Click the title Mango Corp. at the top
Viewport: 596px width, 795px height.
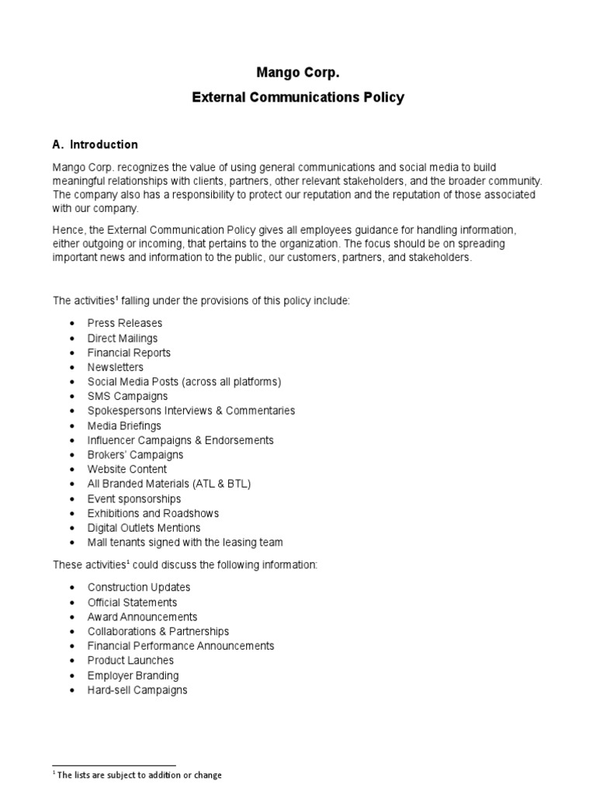pyautogui.click(x=298, y=73)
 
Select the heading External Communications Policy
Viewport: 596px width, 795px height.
pyautogui.click(x=298, y=98)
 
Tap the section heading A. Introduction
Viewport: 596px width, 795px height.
pyautogui.click(x=95, y=144)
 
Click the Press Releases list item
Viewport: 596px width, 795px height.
pyautogui.click(x=125, y=323)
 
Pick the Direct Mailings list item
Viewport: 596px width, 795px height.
pyautogui.click(x=123, y=338)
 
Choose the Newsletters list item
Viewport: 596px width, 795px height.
pyautogui.click(x=116, y=367)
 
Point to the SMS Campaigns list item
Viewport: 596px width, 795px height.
pyautogui.click(x=127, y=396)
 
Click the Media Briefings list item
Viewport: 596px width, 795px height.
pyautogui.click(x=124, y=425)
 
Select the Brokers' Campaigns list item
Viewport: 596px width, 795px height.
pyautogui.click(x=135, y=455)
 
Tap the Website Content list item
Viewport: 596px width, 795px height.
pyautogui.click(x=127, y=469)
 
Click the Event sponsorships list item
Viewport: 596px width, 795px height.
pyautogui.click(x=134, y=498)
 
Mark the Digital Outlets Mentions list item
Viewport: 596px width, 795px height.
pyautogui.click(x=144, y=528)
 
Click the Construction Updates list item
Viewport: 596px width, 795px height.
pyautogui.click(x=139, y=588)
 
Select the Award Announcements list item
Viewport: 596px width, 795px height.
pyautogui.click(x=142, y=616)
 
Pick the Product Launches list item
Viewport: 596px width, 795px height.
pyautogui.click(x=130, y=661)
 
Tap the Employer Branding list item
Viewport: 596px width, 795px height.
pyautogui.click(x=133, y=675)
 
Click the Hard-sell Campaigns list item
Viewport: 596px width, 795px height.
pyautogui.click(x=137, y=690)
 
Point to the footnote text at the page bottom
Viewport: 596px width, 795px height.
pyautogui.click(x=137, y=775)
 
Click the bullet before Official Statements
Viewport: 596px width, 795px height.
pyautogui.click(x=72, y=602)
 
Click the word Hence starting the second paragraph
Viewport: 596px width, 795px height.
pyautogui.click(x=67, y=230)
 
